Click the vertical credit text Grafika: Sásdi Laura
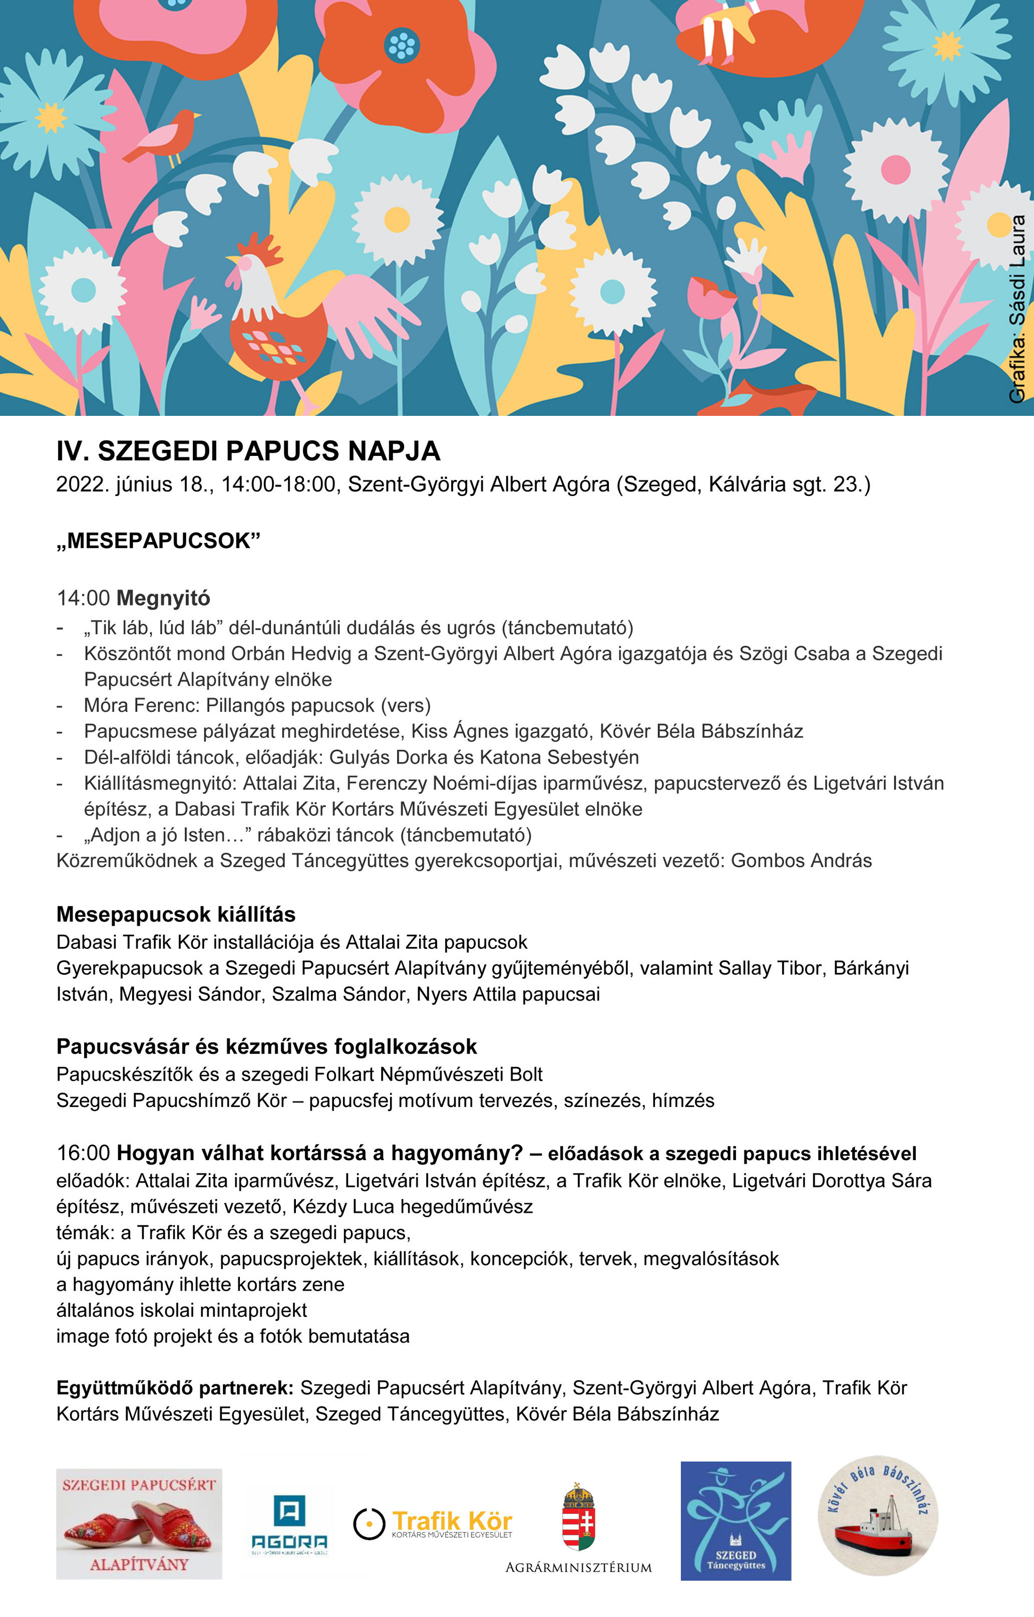[1017, 309]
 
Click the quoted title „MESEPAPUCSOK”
[159, 541]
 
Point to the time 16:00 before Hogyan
[83, 1153]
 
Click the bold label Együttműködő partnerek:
[175, 1387]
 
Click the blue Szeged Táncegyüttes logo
[736, 1520]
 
